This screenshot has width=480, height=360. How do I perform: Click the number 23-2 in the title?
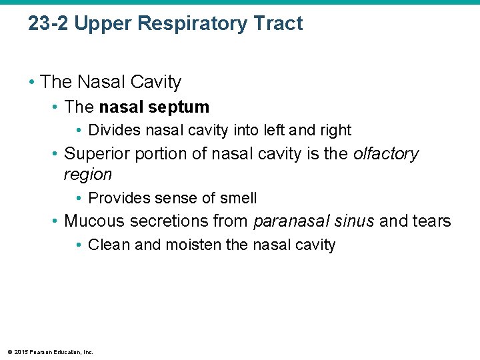49,24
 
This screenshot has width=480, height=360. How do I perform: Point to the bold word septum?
180,107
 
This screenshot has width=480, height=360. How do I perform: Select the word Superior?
97,154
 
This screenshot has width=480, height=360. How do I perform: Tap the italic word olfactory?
386,154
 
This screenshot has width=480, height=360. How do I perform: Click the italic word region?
87,175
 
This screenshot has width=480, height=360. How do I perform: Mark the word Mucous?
94,221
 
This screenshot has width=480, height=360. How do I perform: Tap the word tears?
430,221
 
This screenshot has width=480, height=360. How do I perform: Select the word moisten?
194,245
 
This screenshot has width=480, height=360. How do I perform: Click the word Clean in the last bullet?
109,245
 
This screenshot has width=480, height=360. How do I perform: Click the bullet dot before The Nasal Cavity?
33,83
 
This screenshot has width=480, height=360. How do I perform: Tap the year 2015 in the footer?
19,352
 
